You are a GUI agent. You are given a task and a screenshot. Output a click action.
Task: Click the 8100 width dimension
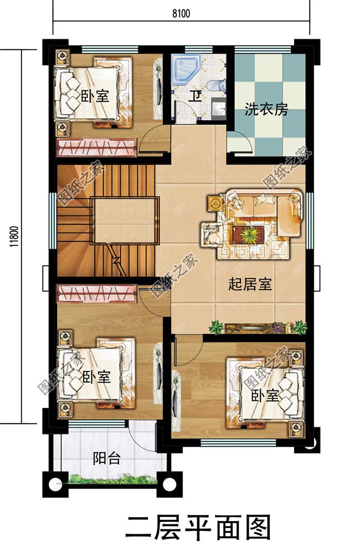(181, 14)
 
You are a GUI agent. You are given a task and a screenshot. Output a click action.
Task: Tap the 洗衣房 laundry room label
(266, 109)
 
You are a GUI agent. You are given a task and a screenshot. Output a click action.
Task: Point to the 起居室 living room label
(250, 285)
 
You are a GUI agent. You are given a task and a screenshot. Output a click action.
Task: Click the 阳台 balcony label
(107, 458)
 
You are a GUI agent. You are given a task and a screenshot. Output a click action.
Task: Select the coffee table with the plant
(248, 235)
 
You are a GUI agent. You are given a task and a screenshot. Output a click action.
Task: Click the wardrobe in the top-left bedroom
(97, 148)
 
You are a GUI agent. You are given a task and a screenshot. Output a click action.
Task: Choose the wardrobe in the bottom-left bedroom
(97, 293)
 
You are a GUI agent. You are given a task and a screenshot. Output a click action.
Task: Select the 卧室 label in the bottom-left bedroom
(96, 378)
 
